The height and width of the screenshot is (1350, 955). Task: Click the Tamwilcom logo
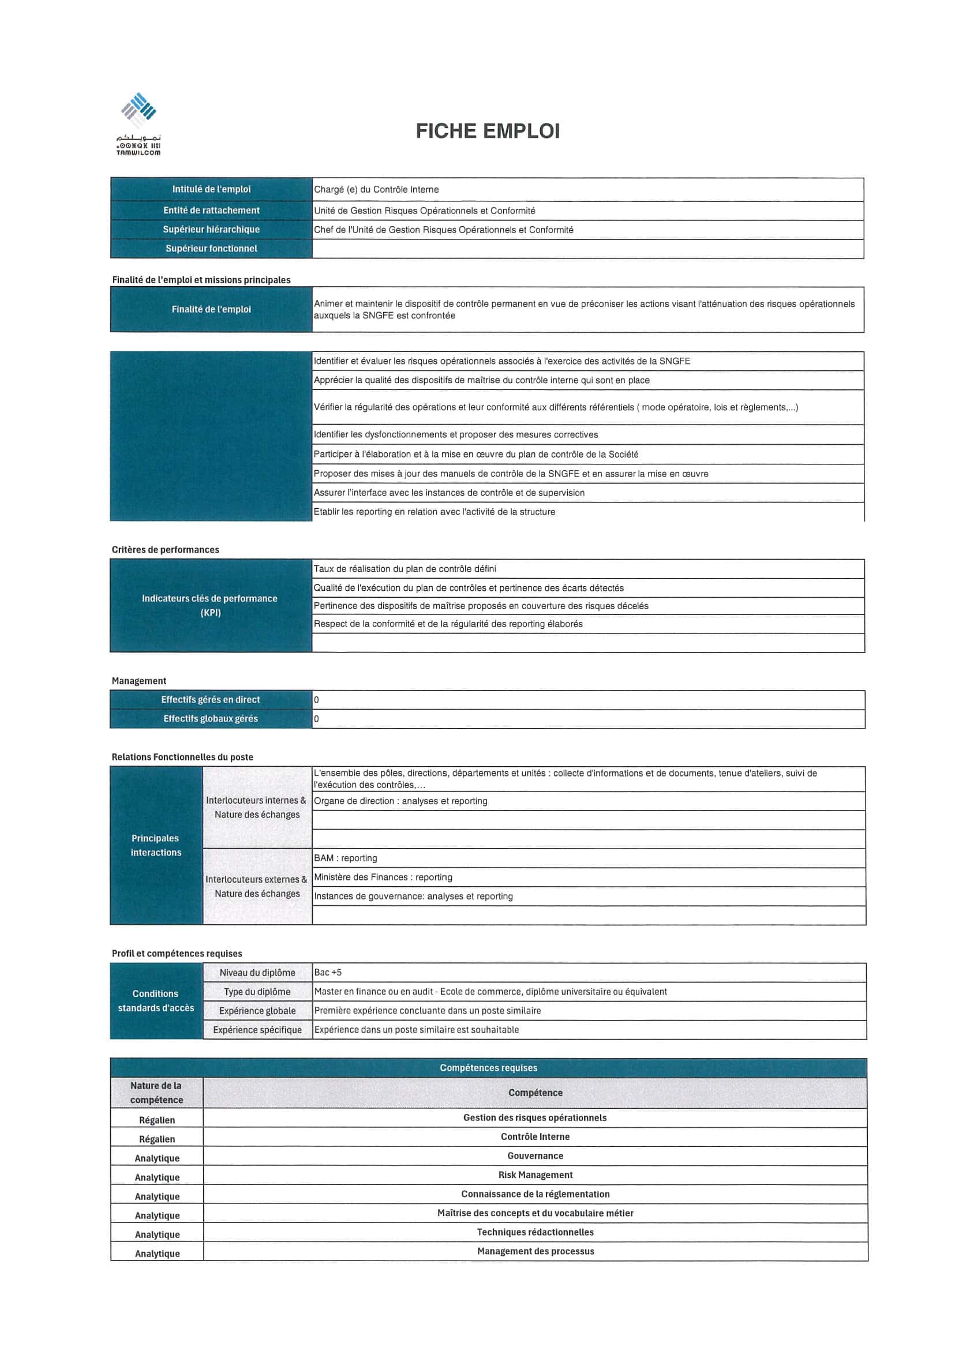click(x=139, y=123)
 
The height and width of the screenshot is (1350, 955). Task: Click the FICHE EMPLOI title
click(x=488, y=130)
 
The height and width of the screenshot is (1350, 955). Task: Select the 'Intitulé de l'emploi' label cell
click(x=211, y=189)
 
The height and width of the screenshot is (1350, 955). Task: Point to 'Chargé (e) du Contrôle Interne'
click(x=376, y=189)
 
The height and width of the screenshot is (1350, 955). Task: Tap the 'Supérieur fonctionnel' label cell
click(x=211, y=249)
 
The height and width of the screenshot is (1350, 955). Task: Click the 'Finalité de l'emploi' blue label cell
click(x=211, y=309)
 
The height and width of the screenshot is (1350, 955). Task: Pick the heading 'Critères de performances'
click(x=165, y=550)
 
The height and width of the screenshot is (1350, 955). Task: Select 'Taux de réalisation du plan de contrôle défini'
click(x=405, y=569)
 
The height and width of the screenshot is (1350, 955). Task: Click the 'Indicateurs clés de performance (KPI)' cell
click(x=210, y=606)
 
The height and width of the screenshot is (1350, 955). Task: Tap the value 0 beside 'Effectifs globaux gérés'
click(x=316, y=718)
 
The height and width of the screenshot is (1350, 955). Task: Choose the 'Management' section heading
click(x=139, y=681)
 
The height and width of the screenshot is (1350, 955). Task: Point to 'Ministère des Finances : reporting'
click(x=383, y=877)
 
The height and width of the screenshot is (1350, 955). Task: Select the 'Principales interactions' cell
click(x=156, y=846)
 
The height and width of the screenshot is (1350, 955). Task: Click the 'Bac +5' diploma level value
click(x=328, y=973)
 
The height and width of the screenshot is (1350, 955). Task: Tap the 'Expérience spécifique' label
click(x=257, y=1030)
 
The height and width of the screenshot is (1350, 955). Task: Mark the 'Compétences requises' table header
click(x=488, y=1068)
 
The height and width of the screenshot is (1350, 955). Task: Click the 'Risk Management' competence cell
click(x=535, y=1175)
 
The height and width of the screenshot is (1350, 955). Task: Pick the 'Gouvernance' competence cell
click(x=535, y=1156)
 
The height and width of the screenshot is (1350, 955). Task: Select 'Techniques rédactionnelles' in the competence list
click(x=535, y=1232)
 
